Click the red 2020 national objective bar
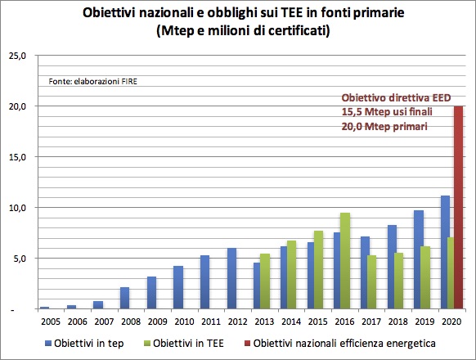pos(458,207)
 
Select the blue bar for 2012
pos(232,278)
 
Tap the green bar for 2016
pos(345,261)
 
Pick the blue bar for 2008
pos(124,298)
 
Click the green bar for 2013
pos(265,281)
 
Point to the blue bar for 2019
pos(419,259)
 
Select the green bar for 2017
pos(371,282)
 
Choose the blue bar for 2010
pos(178,287)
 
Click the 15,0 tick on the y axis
pos(17,157)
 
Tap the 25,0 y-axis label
pos(17,56)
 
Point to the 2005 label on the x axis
pos(51,322)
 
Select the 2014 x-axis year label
pos(291,322)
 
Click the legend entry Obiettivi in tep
pos(84,344)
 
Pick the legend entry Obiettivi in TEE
pos(184,344)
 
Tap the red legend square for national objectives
pos(248,344)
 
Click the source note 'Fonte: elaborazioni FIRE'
pos(93,82)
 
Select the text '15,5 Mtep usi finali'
pos(387,112)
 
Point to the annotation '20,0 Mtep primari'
pos(384,126)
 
